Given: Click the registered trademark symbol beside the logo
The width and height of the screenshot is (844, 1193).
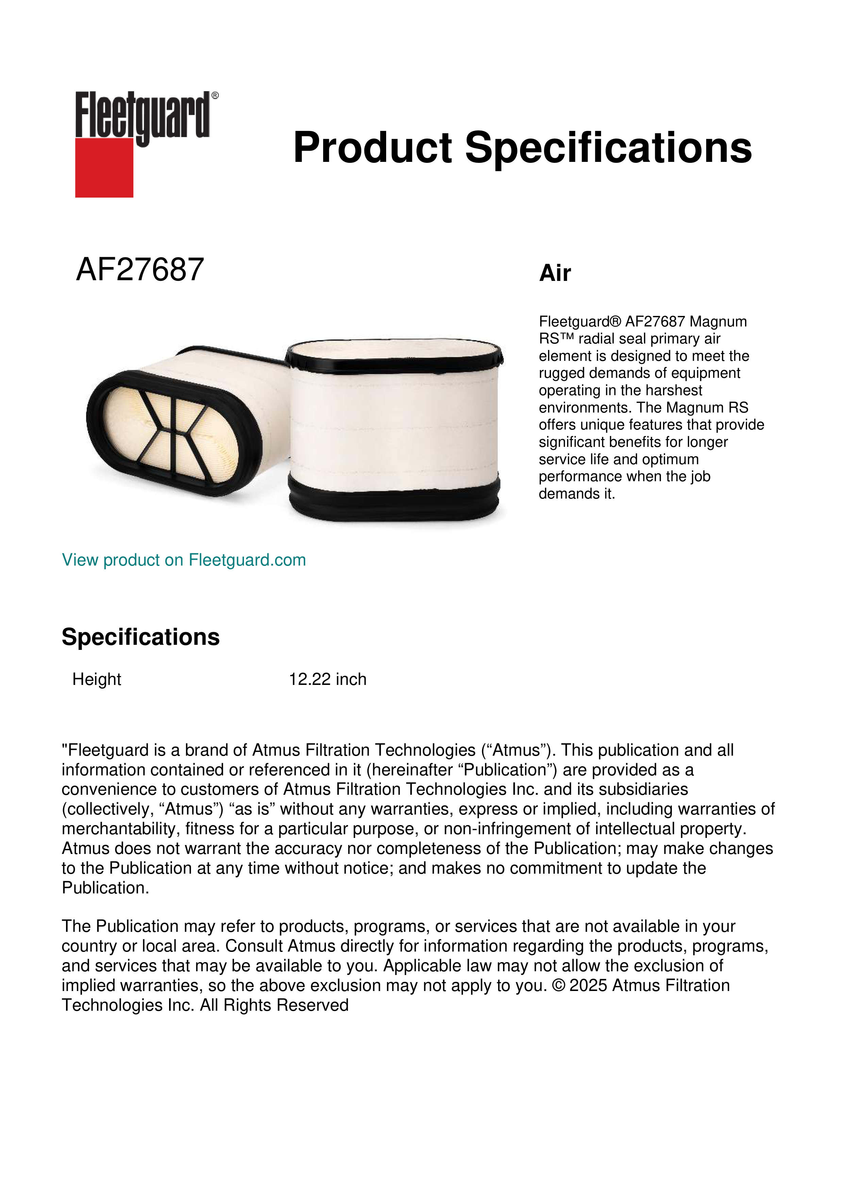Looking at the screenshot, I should coord(215,96).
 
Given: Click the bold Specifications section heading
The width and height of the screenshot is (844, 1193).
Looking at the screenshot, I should coord(140,637).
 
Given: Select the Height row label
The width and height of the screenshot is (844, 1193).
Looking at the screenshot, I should coord(97,679).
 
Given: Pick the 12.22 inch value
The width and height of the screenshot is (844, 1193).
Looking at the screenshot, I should coord(327,679).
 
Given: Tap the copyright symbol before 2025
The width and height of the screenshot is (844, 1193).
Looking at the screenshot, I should coord(558,986).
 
